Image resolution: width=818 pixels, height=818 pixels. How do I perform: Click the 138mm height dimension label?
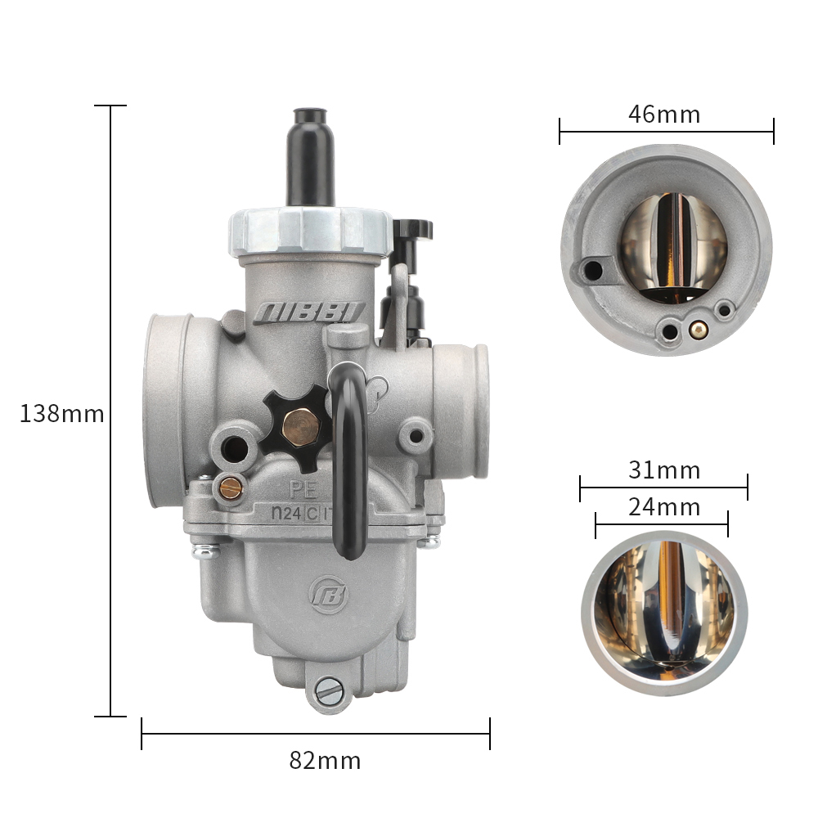pyautogui.click(x=61, y=414)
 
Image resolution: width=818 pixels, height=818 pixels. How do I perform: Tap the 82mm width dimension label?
pyautogui.click(x=325, y=761)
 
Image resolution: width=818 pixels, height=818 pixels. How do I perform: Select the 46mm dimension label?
pyautogui.click(x=664, y=115)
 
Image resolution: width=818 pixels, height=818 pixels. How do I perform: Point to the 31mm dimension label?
pyautogui.click(x=664, y=470)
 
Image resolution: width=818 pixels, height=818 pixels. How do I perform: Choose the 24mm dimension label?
pyautogui.click(x=664, y=507)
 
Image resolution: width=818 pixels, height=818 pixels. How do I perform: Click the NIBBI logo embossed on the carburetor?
pyautogui.click(x=309, y=313)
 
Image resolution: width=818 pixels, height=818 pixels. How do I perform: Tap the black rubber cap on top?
pyautogui.click(x=310, y=156)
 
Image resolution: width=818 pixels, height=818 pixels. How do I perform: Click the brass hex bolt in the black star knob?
pyautogui.click(x=301, y=428)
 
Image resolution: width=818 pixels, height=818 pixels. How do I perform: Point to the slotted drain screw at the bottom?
pyautogui.click(x=329, y=691)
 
